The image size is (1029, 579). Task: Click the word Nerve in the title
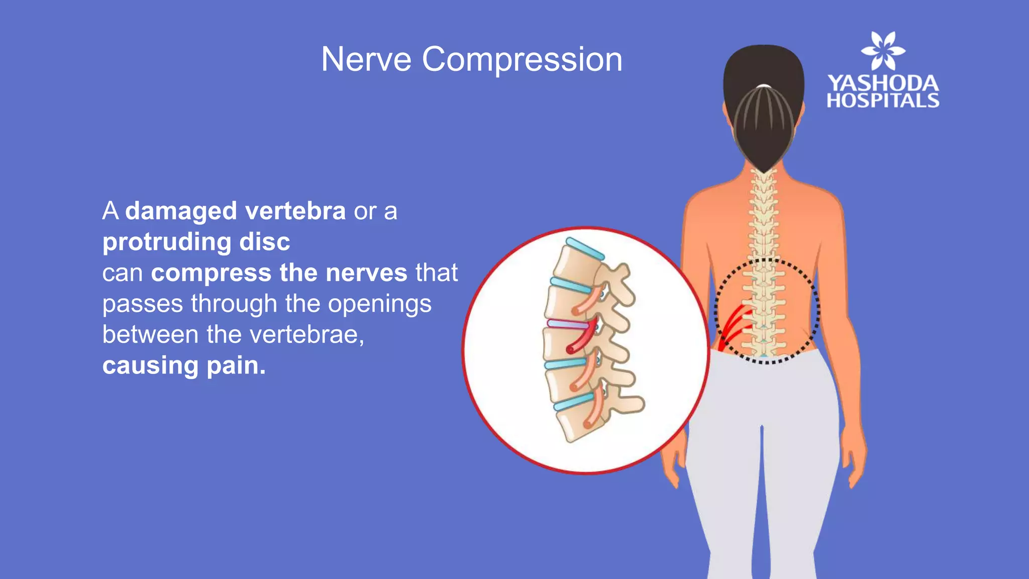tap(366, 60)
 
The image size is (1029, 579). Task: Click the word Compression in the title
tap(522, 60)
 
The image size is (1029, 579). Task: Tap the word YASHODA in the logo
tap(883, 83)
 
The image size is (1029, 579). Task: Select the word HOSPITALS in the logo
tap(883, 101)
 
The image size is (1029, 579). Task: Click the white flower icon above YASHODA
tap(883, 51)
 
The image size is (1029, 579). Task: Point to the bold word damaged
tap(181, 211)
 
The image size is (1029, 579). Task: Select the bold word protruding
tap(166, 242)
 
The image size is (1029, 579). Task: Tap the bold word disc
tap(265, 242)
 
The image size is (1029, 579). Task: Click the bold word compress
tap(211, 273)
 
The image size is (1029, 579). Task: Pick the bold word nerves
tap(366, 273)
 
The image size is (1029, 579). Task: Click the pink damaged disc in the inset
tap(568, 325)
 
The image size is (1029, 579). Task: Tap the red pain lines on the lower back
tap(735, 324)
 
